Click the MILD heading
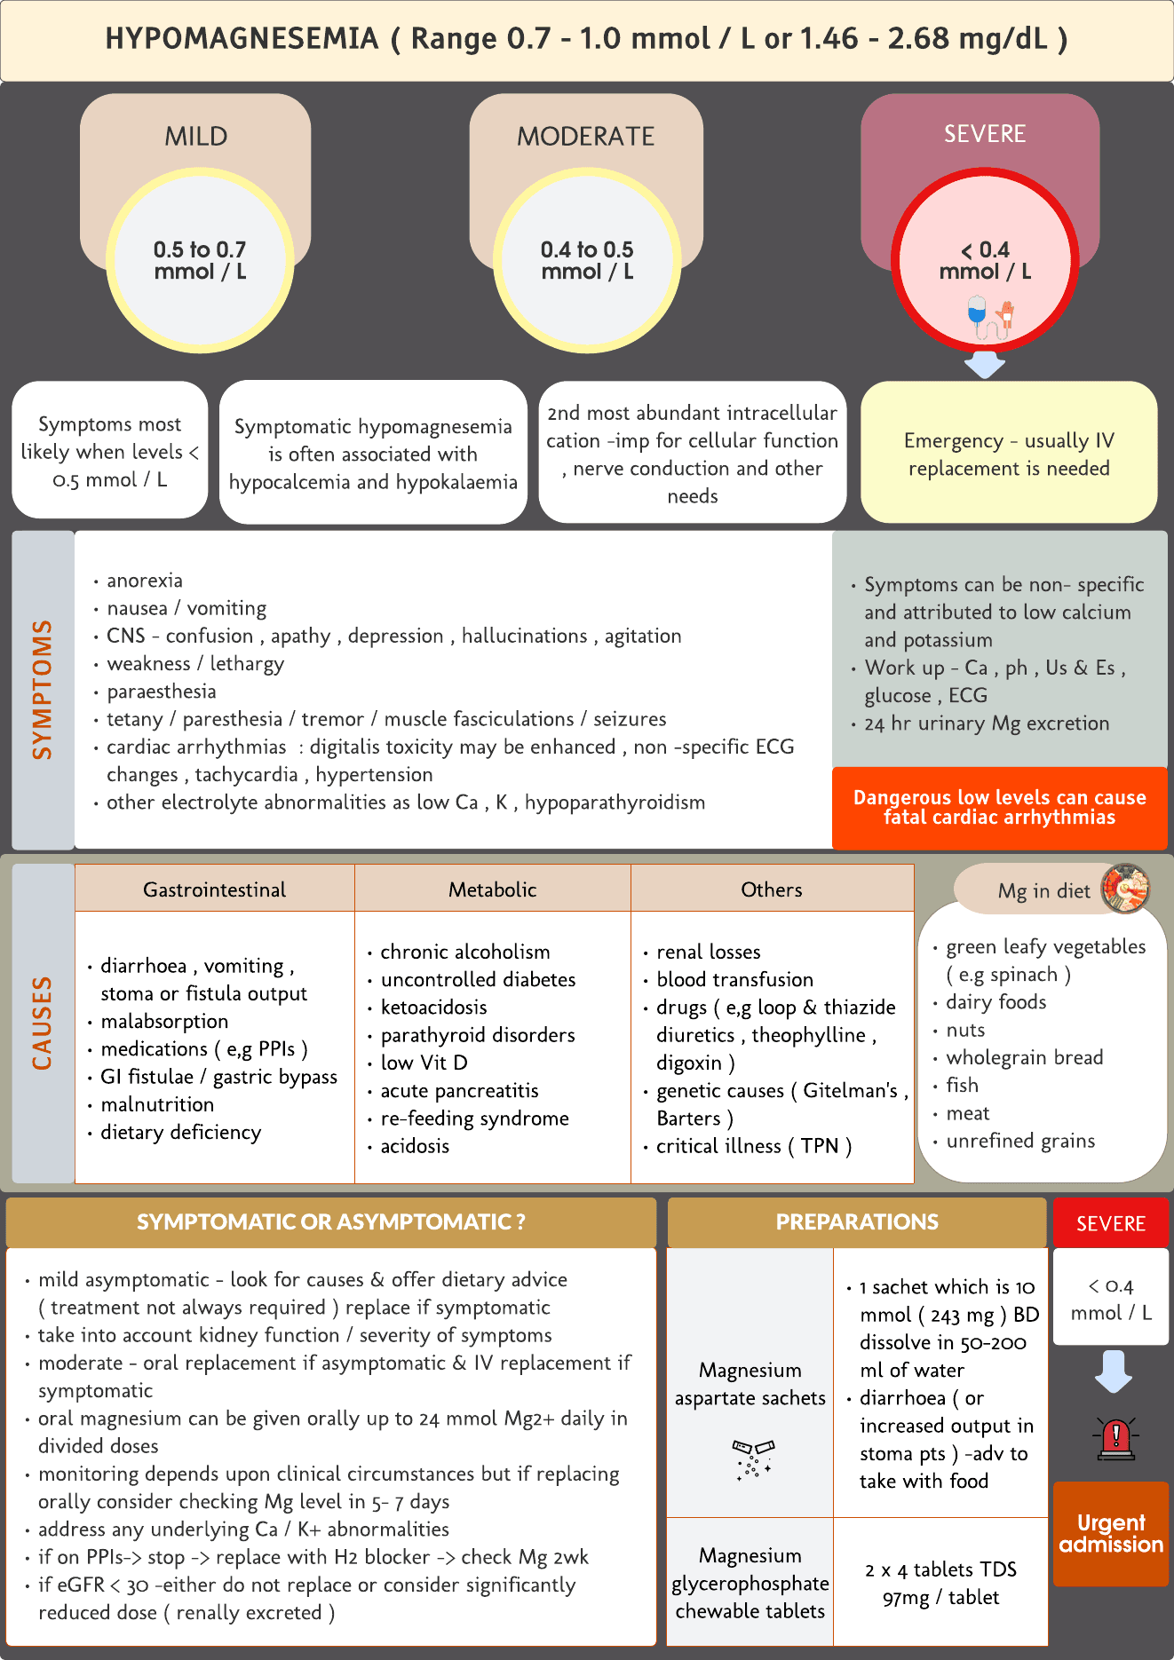196,136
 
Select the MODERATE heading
585,136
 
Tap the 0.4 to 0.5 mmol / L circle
587,261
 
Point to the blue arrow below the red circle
984,364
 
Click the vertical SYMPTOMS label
43,689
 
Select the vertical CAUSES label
43,1023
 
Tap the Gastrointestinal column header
215,889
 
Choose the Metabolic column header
492,889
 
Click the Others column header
772,889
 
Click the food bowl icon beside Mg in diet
1125,888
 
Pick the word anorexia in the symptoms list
145,581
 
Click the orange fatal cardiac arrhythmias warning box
999,808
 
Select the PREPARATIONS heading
857,1222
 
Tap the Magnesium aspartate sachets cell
750,1384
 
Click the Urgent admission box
1111,1534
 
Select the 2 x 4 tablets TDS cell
940,1583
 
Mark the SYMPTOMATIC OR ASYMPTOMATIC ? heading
331,1222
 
